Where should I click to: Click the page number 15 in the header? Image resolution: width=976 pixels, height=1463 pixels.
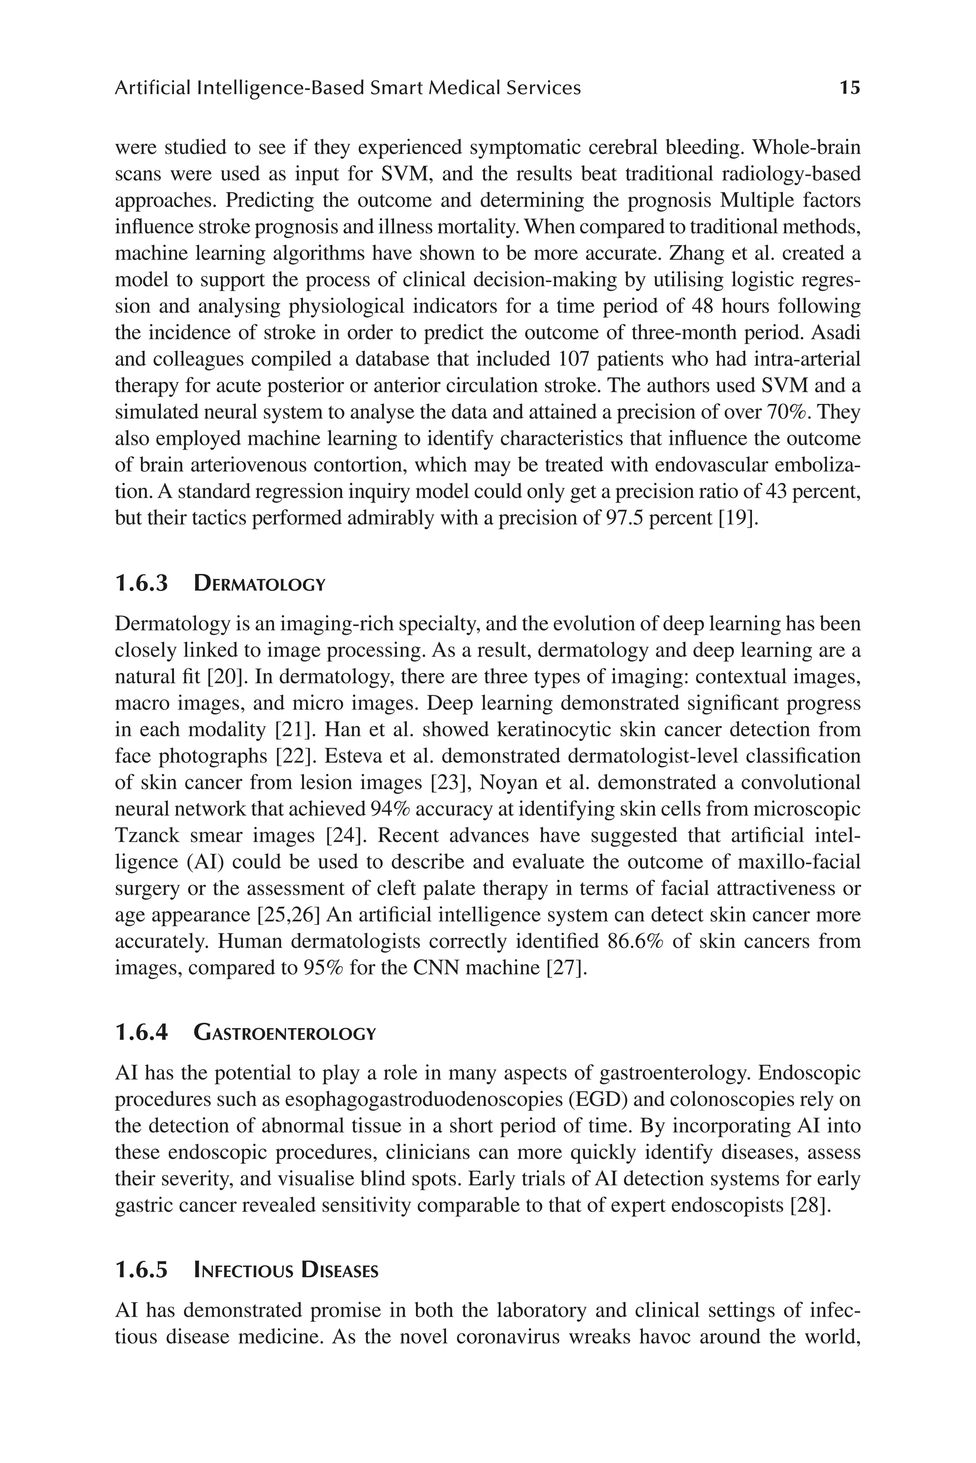click(x=850, y=88)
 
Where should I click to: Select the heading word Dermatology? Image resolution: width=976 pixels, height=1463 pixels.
click(x=260, y=584)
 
